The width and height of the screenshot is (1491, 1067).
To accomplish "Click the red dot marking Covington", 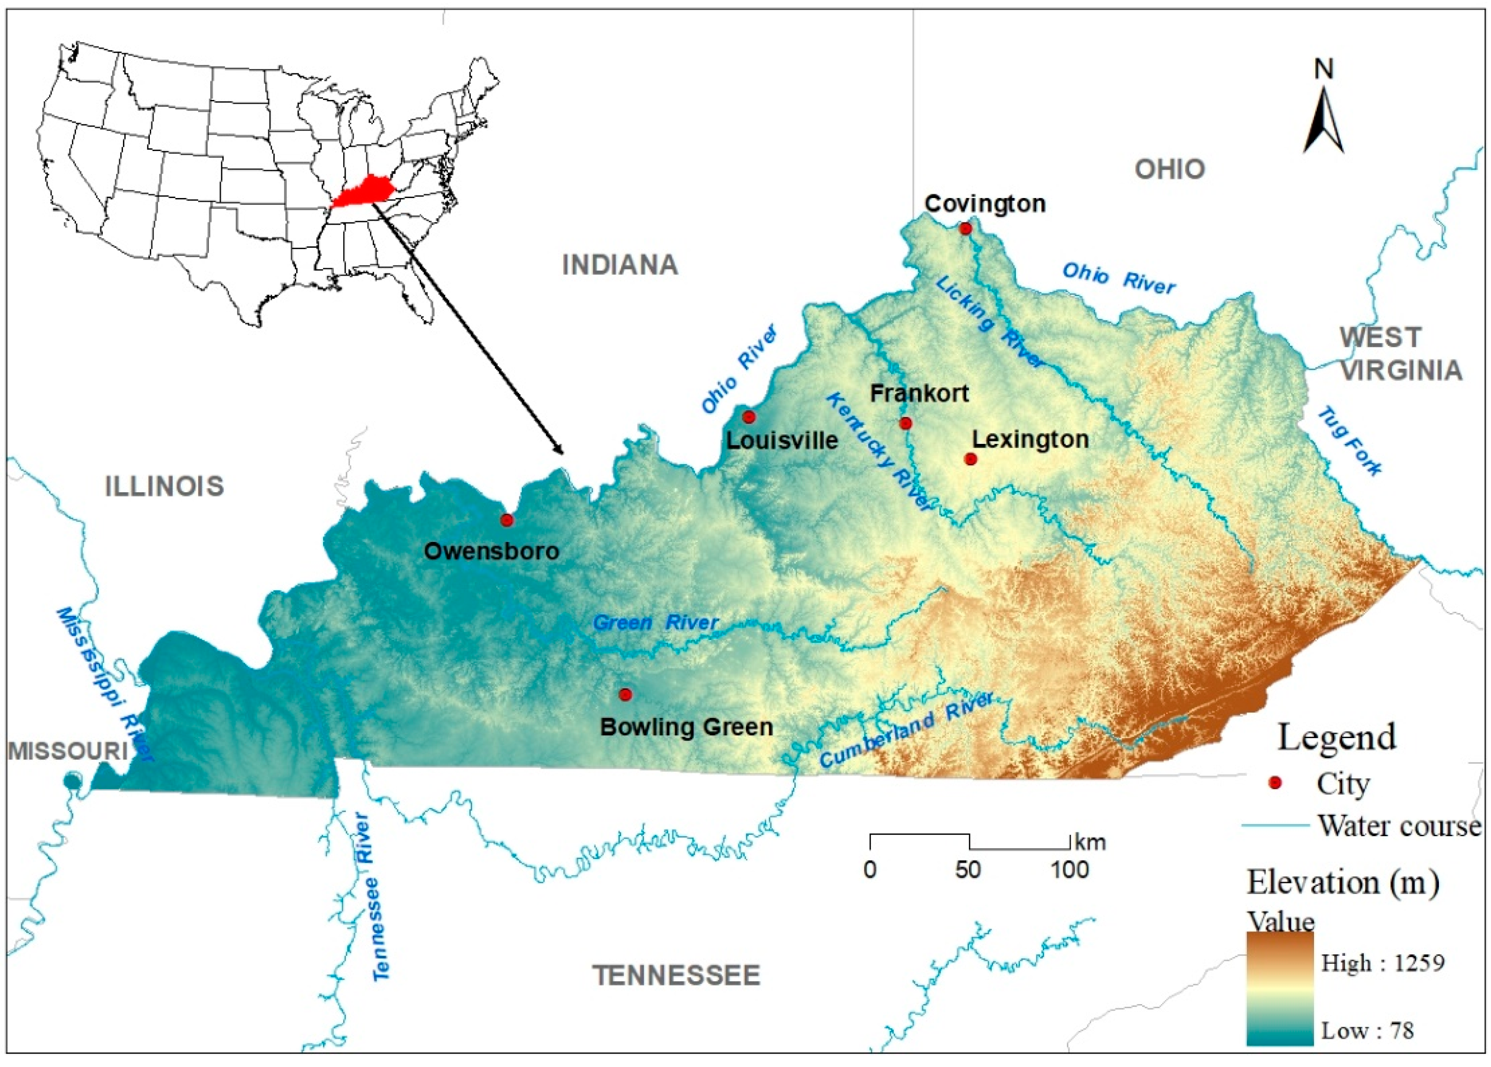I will [964, 229].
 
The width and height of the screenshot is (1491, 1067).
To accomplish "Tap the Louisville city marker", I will [748, 417].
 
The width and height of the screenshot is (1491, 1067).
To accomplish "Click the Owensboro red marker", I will [506, 520].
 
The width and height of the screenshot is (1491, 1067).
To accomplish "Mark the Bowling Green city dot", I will [625, 694].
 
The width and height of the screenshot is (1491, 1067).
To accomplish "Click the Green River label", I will [655, 623].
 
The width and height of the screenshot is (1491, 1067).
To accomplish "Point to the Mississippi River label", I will [105, 683].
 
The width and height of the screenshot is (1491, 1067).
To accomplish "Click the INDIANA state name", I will [620, 265].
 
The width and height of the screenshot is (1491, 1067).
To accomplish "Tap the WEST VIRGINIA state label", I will [1400, 354].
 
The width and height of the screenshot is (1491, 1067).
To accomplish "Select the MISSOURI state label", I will [68, 751].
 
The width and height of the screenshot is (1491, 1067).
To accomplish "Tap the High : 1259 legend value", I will [1383, 964].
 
